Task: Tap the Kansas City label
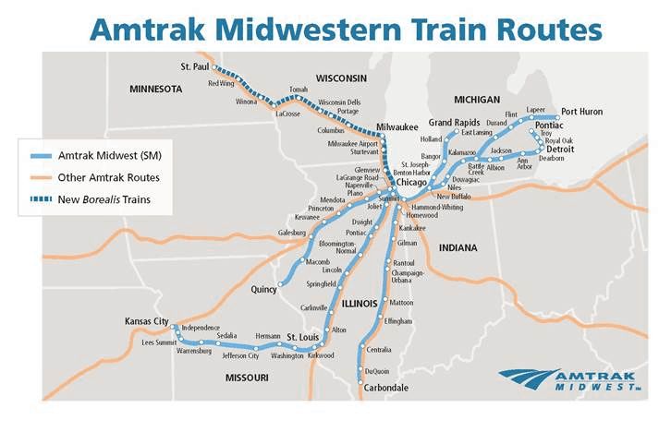(147, 321)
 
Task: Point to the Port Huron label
(581, 111)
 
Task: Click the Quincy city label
(263, 290)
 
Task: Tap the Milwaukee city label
(398, 126)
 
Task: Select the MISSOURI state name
(247, 378)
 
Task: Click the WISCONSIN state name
(341, 78)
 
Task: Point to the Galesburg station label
(291, 234)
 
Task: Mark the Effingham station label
(398, 320)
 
